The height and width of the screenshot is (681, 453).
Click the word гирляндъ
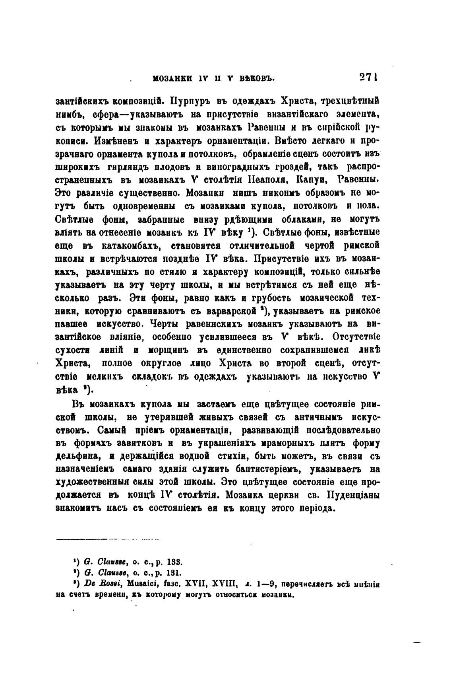click(x=126, y=168)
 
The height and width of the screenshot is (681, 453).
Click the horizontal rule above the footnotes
click(x=107, y=540)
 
